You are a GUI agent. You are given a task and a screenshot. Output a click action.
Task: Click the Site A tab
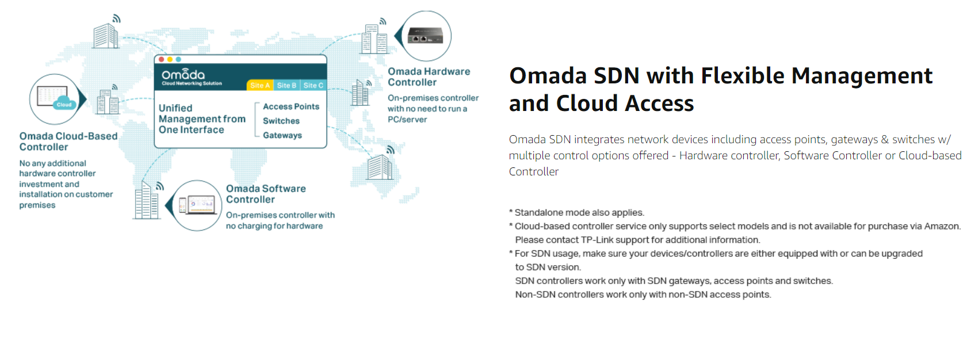pyautogui.click(x=260, y=85)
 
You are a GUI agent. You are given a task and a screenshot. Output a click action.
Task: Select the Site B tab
pyautogui.click(x=286, y=85)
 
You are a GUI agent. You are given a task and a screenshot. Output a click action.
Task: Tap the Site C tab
pyautogui.click(x=313, y=85)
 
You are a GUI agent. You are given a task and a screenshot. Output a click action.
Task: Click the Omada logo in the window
pyautogui.click(x=184, y=75)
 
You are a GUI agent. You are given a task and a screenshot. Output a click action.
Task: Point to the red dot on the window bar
pyautogui.click(x=162, y=59)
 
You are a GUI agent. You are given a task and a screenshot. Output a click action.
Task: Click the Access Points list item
pyautogui.click(x=291, y=106)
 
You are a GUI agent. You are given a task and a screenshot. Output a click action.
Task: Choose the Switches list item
pyautogui.click(x=281, y=121)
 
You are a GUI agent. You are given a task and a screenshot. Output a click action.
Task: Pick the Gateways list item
pyautogui.click(x=282, y=135)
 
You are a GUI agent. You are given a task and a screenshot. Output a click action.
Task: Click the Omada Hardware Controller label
pyautogui.click(x=429, y=77)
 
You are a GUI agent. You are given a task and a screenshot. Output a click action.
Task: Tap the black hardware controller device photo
pyautogui.click(x=425, y=36)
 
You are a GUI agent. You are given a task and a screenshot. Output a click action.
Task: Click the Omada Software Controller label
pyautogui.click(x=266, y=194)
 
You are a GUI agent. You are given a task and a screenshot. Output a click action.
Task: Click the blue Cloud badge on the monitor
pyautogui.click(x=64, y=104)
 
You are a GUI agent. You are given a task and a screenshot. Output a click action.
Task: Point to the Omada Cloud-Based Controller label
pyautogui.click(x=68, y=141)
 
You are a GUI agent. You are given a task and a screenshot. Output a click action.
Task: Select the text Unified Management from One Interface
pyautogui.click(x=202, y=119)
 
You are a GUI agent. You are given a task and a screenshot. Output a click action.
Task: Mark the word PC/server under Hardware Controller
pyautogui.click(x=407, y=120)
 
